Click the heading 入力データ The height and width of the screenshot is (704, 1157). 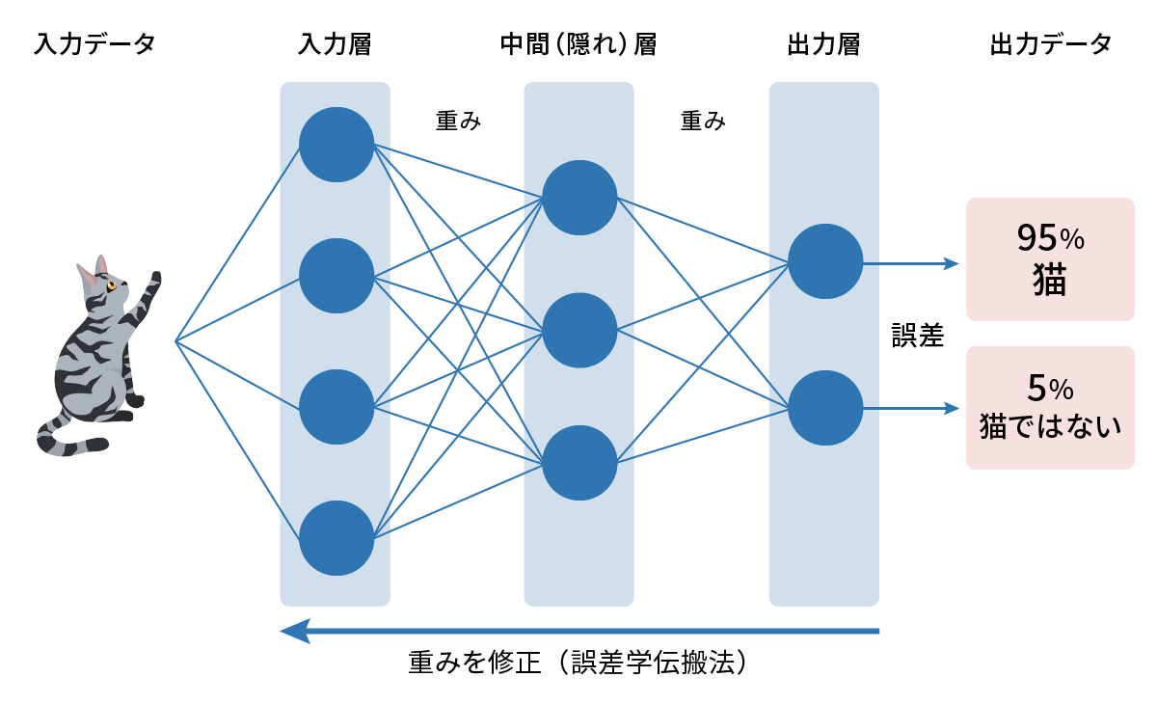(94, 44)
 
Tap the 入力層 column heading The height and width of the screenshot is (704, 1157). (335, 44)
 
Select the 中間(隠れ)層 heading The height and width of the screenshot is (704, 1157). (578, 44)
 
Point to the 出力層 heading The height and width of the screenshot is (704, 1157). (823, 44)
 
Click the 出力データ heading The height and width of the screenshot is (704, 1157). (1051, 44)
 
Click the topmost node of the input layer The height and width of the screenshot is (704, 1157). (336, 145)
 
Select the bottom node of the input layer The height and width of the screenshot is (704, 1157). (336, 538)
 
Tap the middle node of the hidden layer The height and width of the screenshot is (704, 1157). (579, 330)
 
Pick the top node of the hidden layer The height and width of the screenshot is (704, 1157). (579, 198)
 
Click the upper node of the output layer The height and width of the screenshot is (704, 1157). (824, 261)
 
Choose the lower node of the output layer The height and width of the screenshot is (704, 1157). (824, 408)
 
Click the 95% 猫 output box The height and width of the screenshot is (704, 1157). (1050, 259)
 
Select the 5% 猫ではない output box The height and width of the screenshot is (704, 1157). (1050, 408)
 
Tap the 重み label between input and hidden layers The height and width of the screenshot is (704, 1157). (458, 122)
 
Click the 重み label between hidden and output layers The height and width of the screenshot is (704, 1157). (703, 122)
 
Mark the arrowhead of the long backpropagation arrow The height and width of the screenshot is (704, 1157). (293, 631)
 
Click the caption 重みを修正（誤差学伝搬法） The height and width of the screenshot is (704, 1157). (578, 663)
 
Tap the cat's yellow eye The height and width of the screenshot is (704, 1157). (112, 285)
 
